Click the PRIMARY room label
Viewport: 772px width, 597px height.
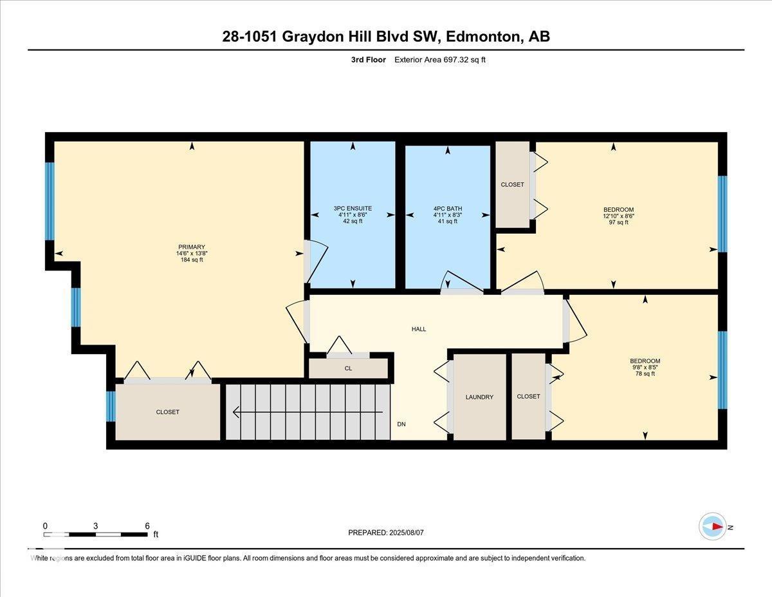[192, 247]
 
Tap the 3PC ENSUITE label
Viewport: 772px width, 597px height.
[353, 208]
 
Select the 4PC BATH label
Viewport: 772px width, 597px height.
[447, 208]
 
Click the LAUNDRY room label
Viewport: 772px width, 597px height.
[479, 397]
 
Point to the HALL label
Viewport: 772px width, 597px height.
[419, 329]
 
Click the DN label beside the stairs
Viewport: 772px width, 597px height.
[401, 424]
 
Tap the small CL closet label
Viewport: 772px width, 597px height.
[348, 369]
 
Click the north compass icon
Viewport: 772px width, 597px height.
[713, 527]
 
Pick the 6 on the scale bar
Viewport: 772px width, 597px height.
[147, 526]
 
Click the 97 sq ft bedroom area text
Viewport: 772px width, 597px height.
[618, 222]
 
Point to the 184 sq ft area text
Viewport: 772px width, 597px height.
[192, 260]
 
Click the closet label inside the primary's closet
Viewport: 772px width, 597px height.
[167, 412]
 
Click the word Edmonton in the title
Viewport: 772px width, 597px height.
[482, 37]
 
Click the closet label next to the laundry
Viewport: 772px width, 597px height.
[528, 396]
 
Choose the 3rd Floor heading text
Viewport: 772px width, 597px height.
[369, 60]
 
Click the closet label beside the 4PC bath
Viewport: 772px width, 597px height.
[512, 184]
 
